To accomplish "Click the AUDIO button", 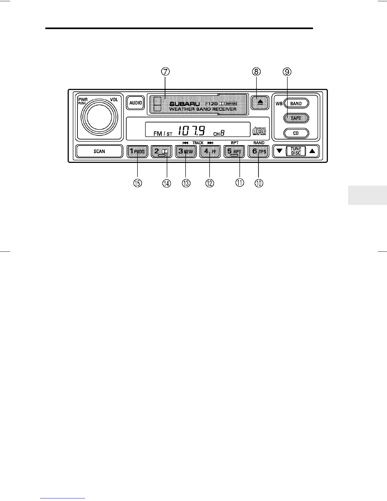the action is (x=136, y=103).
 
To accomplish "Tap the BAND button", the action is (x=296, y=103).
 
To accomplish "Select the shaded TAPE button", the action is (x=296, y=118).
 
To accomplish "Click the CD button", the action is (x=296, y=133).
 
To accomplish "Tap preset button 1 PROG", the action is (x=137, y=152).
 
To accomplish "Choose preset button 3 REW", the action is (x=186, y=152).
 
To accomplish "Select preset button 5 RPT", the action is (x=234, y=152).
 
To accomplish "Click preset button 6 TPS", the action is (x=258, y=152).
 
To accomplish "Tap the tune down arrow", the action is (x=279, y=151).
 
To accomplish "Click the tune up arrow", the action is (x=312, y=151).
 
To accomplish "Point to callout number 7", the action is (x=165, y=72).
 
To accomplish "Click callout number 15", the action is (x=138, y=183).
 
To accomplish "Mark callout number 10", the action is (x=259, y=183).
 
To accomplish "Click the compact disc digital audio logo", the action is (x=259, y=131).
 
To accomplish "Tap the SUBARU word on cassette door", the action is (x=185, y=104).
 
